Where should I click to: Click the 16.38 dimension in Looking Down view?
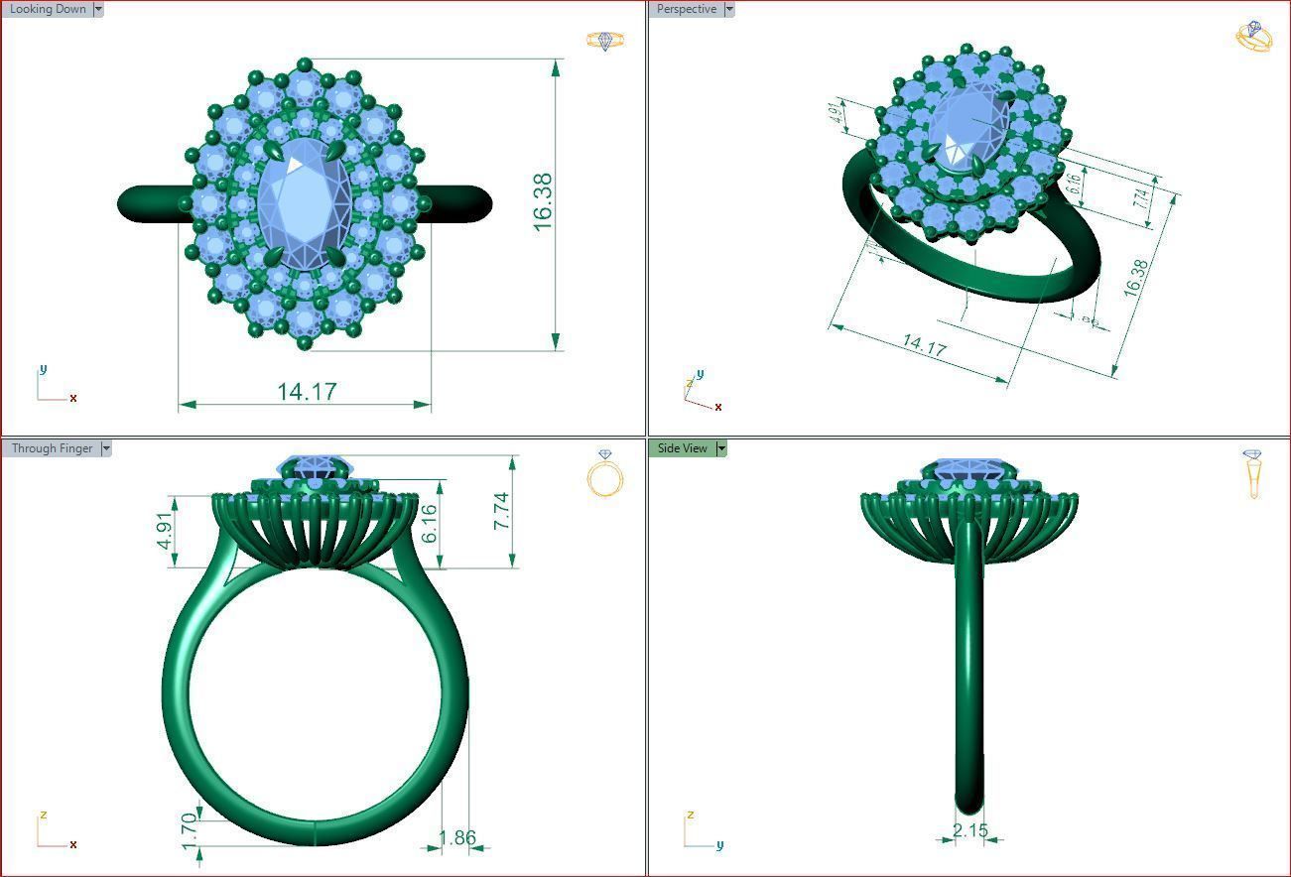click(x=543, y=203)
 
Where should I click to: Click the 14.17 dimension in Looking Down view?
click(x=307, y=392)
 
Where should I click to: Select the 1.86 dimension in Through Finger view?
click(x=457, y=837)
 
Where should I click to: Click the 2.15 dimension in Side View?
click(x=969, y=830)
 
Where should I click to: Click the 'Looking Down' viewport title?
click(x=48, y=9)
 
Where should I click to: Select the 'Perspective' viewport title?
click(x=687, y=9)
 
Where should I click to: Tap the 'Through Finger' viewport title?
click(x=52, y=448)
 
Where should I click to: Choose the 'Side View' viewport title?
click(x=683, y=448)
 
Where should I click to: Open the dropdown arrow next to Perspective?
click(x=729, y=9)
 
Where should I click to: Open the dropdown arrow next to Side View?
click(x=721, y=448)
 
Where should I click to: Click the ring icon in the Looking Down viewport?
click(x=605, y=41)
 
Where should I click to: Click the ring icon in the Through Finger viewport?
click(x=605, y=474)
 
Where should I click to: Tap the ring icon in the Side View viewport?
click(x=1253, y=473)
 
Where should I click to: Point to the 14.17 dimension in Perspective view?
click(x=924, y=346)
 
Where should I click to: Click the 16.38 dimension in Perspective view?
click(x=1137, y=278)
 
